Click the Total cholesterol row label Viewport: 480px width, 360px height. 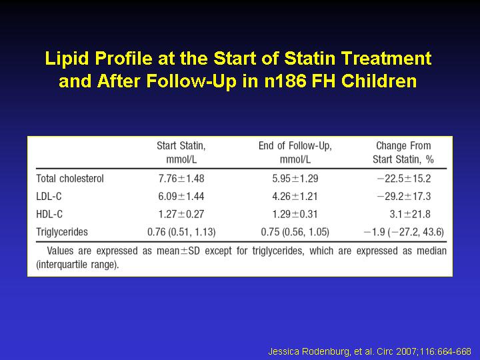click(70, 179)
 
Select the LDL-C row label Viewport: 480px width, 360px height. click(49, 196)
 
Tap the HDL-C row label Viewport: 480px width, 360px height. click(49, 214)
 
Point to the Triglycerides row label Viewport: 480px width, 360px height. click(62, 232)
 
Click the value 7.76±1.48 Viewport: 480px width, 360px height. click(181, 179)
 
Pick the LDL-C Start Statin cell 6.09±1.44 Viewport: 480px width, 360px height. click(181, 196)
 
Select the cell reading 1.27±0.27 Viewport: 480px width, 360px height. click(181, 214)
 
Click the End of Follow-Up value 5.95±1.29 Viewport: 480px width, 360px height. click(295, 179)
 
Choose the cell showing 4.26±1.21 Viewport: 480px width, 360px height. click(295, 196)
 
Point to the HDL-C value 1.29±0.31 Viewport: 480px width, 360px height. click(295, 214)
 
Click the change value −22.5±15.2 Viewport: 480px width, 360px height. click(404, 179)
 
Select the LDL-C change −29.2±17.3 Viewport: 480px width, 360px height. click(404, 196)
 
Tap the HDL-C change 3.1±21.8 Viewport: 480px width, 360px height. click(410, 214)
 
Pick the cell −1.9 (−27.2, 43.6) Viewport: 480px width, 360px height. click(404, 232)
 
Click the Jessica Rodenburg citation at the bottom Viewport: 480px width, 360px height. click(369, 351)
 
